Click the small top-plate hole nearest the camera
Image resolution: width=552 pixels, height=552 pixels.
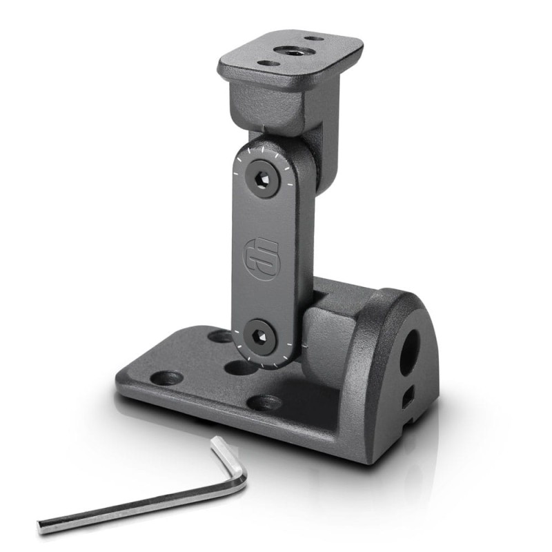[268, 63]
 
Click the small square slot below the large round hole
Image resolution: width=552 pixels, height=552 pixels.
[407, 395]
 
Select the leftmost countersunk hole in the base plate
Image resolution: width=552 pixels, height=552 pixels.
[166, 378]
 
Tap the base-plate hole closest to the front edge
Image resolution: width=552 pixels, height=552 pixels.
[265, 402]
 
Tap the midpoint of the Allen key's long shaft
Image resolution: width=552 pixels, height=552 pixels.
[138, 506]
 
